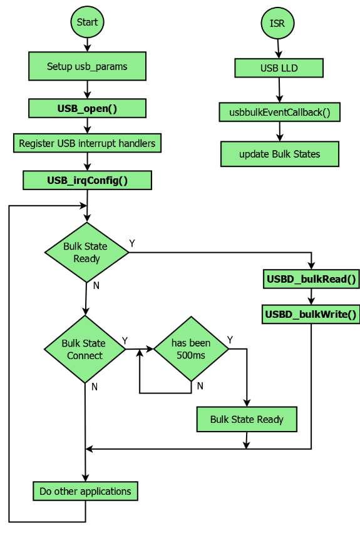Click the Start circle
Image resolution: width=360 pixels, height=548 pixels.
point(87,23)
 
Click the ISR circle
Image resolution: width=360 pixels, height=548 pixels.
point(277,23)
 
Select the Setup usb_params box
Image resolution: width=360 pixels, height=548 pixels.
point(87,66)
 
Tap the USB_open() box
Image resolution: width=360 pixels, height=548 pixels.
point(87,108)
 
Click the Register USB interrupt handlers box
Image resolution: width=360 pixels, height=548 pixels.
point(87,143)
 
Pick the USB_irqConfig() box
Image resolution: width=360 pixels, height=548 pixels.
point(87,181)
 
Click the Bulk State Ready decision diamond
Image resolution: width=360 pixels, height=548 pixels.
point(86,252)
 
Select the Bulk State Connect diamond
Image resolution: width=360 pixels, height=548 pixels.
point(85,349)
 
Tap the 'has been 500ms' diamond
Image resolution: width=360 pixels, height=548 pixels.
point(191,349)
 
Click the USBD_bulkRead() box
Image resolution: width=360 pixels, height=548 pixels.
point(311,279)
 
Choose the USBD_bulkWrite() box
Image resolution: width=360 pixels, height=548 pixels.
point(311,314)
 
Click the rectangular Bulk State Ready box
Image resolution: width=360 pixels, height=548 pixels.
point(247,420)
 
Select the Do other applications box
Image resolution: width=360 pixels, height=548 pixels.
point(85,491)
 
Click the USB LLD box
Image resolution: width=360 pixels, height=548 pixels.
point(279,68)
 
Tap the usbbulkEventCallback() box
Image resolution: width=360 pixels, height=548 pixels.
point(279,113)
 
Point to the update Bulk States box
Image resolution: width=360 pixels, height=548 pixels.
point(279,154)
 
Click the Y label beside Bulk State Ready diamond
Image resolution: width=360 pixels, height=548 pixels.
point(132,243)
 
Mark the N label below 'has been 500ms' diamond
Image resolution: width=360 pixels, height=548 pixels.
point(200,386)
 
